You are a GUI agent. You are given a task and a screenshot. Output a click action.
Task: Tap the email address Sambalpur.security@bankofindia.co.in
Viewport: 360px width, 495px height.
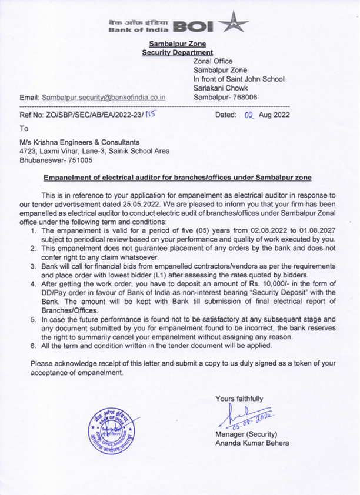coord(104,97)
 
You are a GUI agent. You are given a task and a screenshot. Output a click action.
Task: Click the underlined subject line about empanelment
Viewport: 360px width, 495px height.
coord(178,178)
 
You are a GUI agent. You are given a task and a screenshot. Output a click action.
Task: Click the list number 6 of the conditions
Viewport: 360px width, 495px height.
coord(34,346)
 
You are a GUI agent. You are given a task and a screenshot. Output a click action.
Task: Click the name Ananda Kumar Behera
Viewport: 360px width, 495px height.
coord(252,443)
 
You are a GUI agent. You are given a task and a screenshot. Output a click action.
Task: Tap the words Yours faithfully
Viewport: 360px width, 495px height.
coord(239,399)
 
